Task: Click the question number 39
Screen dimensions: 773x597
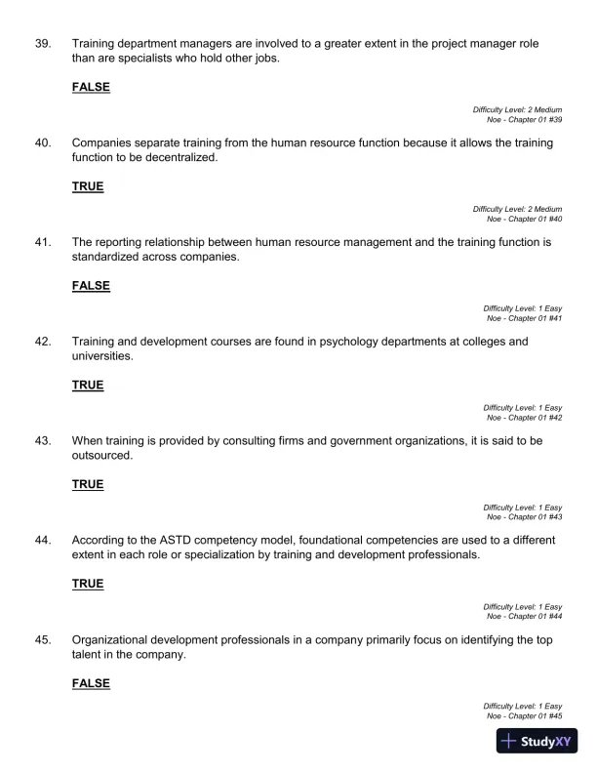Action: pyautogui.click(x=43, y=44)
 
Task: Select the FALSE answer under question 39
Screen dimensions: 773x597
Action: pyautogui.click(x=91, y=87)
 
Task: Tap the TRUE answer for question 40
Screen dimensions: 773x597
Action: pyautogui.click(x=88, y=186)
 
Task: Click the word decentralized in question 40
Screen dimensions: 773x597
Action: pyautogui.click(x=183, y=158)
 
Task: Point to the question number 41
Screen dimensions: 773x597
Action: pyautogui.click(x=43, y=242)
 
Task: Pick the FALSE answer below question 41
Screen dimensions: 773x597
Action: pyautogui.click(x=91, y=286)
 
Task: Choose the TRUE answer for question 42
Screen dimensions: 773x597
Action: pyautogui.click(x=88, y=386)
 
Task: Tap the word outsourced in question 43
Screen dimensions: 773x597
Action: pyautogui.click(x=101, y=456)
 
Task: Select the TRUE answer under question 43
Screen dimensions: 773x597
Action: pyautogui.click(x=88, y=484)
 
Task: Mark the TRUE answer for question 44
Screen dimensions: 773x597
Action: pyautogui.click(x=88, y=584)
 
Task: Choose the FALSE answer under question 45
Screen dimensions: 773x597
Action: pyautogui.click(x=91, y=683)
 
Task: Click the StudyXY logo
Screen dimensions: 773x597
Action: pyautogui.click(x=538, y=741)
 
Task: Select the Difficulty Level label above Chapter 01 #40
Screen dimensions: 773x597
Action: pyautogui.click(x=517, y=209)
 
